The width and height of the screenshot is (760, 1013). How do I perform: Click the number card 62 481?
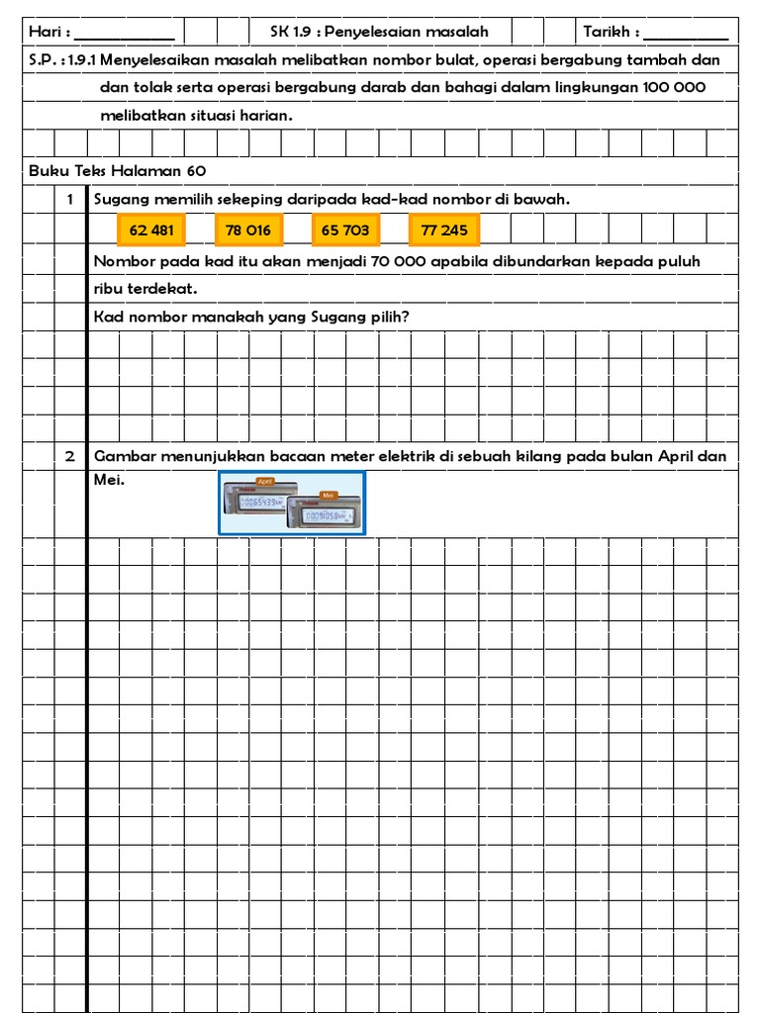tap(151, 230)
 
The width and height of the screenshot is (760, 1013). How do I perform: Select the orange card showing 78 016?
tap(248, 230)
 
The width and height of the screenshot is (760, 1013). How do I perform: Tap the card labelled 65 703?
tap(345, 230)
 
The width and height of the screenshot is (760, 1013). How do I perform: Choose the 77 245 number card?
tap(444, 230)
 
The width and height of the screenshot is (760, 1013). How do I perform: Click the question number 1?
tap(70, 200)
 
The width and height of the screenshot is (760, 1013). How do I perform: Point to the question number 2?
tap(70, 456)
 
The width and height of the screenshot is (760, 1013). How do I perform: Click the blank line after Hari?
tap(131, 33)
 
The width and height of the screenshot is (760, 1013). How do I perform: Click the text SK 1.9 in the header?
tap(293, 32)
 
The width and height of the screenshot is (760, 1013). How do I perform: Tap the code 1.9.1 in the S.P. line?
tap(83, 60)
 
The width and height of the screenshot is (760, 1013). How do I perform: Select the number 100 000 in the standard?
tap(674, 87)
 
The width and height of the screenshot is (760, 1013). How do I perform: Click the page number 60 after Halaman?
tap(195, 170)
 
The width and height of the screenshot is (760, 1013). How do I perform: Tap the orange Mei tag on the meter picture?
tap(328, 493)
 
